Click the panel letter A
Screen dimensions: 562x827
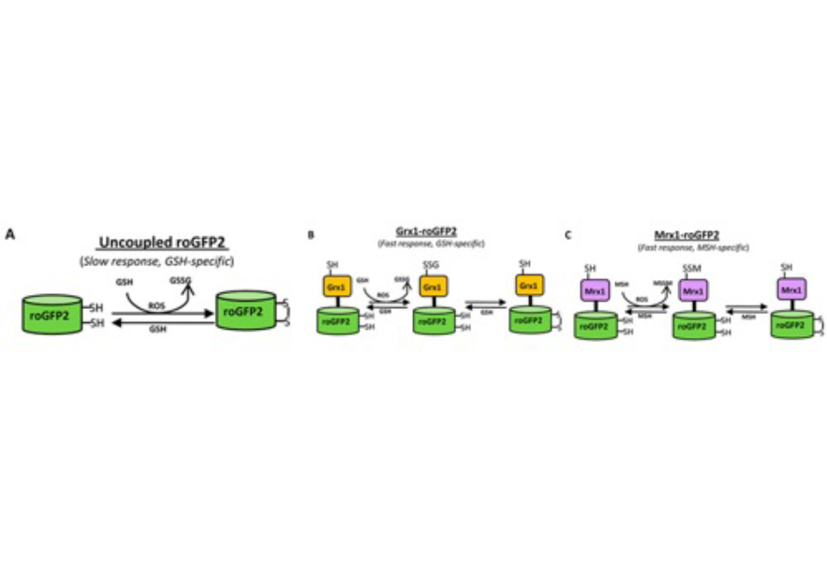point(10,234)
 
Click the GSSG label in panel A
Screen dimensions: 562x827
point(179,279)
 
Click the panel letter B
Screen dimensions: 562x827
point(311,234)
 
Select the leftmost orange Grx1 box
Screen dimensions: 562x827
point(336,285)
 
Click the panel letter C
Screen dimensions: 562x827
point(568,234)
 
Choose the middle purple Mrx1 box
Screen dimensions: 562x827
point(692,291)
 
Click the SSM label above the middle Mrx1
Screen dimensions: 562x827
point(692,269)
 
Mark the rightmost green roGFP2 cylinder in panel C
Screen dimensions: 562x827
point(790,324)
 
